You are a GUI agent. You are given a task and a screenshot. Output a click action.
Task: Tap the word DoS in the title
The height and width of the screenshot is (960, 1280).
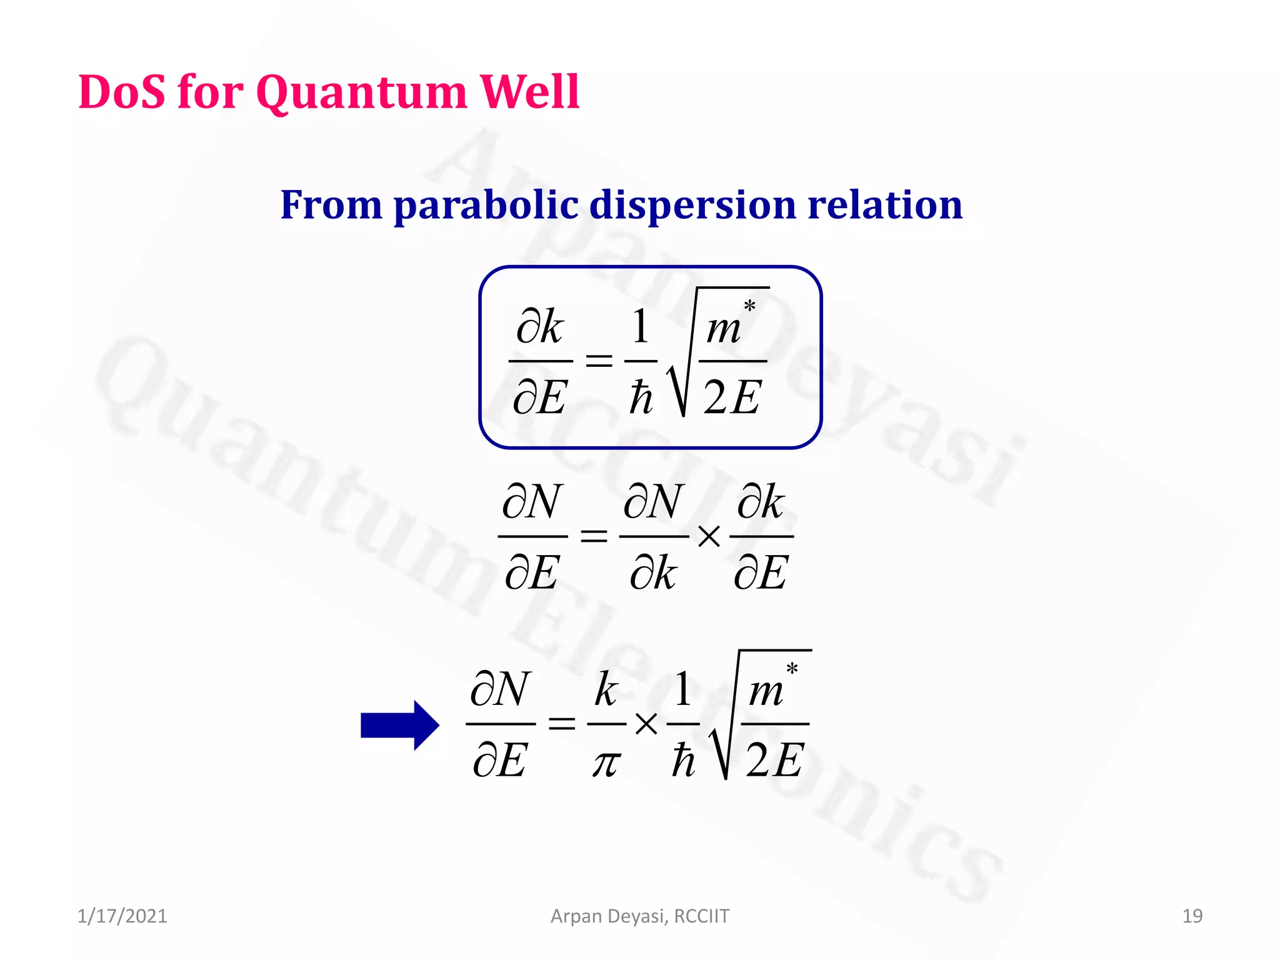[x=122, y=92]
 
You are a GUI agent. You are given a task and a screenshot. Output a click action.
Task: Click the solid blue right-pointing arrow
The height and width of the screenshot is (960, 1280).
[x=400, y=725]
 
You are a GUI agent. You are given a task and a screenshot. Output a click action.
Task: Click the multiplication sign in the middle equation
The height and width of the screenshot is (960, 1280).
[x=709, y=536]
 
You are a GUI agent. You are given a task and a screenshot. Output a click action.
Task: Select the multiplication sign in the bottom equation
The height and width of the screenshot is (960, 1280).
[x=646, y=724]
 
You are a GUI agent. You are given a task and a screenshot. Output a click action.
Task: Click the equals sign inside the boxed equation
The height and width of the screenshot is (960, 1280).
[x=598, y=361]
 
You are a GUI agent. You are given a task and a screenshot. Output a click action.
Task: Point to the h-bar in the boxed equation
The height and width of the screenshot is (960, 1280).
[x=641, y=397]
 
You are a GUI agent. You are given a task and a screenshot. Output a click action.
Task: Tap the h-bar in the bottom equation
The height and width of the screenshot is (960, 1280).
[x=683, y=760]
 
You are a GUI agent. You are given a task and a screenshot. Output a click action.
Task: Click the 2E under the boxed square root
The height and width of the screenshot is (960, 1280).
[x=732, y=397]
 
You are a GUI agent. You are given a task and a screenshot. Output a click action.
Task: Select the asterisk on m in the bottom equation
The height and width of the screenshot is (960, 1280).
[x=792, y=669]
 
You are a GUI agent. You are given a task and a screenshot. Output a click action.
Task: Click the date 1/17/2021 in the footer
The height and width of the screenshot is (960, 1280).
[x=122, y=916]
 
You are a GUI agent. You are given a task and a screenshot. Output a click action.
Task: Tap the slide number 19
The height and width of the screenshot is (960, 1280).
[x=1192, y=916]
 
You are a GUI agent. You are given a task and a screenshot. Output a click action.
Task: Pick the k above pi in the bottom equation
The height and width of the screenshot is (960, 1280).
[x=606, y=689]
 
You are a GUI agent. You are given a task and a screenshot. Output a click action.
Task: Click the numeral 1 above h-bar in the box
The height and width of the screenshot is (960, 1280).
[x=640, y=326]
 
